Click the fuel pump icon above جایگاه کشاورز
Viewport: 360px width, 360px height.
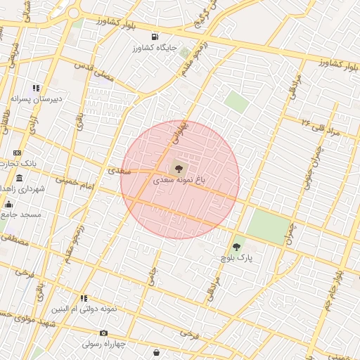pyautogui.click(x=155, y=37)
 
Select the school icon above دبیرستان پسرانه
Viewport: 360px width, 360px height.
pyautogui.click(x=36, y=89)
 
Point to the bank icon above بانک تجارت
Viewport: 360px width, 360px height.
pyautogui.click(x=18, y=153)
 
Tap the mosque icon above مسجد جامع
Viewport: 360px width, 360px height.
pyautogui.click(x=8, y=204)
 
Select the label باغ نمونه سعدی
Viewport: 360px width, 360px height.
pyautogui.click(x=181, y=181)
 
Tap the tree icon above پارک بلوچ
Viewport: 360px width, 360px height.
pyautogui.click(x=236, y=247)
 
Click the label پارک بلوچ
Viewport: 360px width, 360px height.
pyautogui.click(x=236, y=259)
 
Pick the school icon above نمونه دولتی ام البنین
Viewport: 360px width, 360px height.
pyautogui.click(x=84, y=298)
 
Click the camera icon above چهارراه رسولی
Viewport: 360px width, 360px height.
pyautogui.click(x=103, y=333)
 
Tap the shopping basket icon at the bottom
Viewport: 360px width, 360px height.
pyautogui.click(x=155, y=352)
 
